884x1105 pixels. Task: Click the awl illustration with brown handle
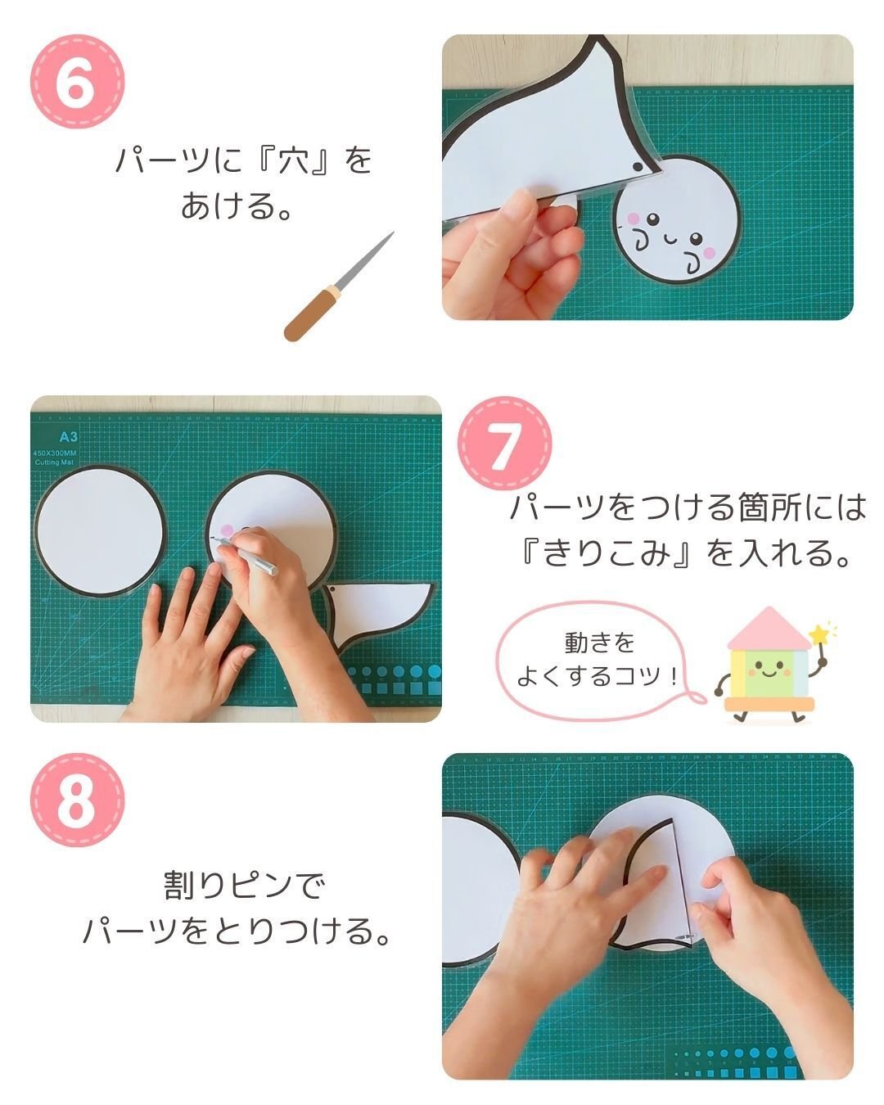coord(338,286)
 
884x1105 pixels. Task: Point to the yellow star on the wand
coord(818,634)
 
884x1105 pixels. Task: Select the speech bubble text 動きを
coord(599,643)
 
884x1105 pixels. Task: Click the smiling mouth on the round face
coord(670,239)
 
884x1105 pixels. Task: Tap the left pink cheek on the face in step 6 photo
coord(632,219)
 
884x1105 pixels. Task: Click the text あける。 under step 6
coord(237,205)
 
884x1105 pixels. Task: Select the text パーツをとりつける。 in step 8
coord(237,931)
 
